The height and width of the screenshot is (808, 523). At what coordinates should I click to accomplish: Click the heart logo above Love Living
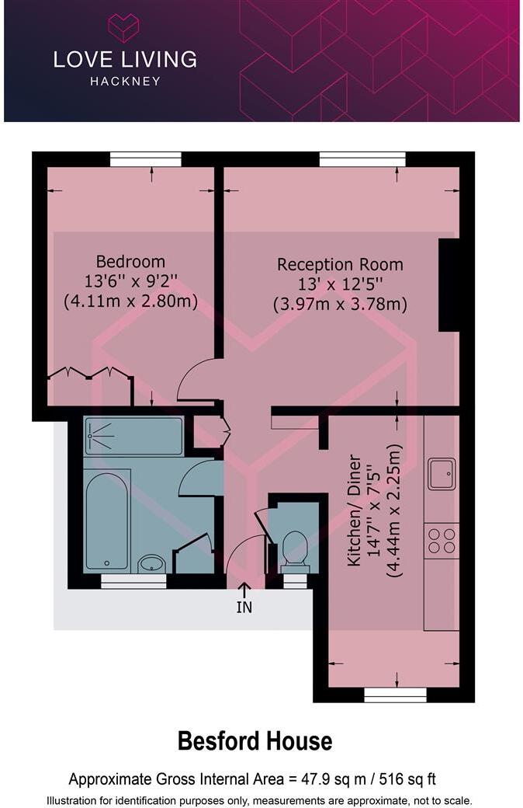tap(123, 27)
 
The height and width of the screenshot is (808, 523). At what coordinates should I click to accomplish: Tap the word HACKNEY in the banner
tap(124, 81)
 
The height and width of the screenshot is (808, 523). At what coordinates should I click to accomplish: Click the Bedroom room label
tap(130, 261)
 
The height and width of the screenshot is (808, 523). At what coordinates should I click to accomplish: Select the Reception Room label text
tap(340, 265)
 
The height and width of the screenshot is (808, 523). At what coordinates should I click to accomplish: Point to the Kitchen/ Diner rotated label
tap(354, 510)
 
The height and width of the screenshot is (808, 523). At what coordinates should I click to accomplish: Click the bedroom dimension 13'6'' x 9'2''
tap(130, 280)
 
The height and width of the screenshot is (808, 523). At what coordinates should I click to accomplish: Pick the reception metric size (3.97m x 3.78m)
tap(340, 304)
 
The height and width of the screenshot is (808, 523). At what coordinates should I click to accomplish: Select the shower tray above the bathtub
tap(133, 436)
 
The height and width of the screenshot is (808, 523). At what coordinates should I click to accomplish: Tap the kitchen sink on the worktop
tap(442, 473)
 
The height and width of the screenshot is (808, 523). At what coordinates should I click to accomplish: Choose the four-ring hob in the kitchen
tap(442, 538)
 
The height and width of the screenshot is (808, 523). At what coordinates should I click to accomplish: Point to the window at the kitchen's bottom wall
tap(395, 694)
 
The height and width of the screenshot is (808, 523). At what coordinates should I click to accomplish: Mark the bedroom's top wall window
tap(145, 159)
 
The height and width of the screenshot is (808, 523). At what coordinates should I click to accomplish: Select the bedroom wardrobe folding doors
tap(88, 376)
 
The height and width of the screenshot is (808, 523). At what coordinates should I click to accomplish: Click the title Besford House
tap(255, 741)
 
